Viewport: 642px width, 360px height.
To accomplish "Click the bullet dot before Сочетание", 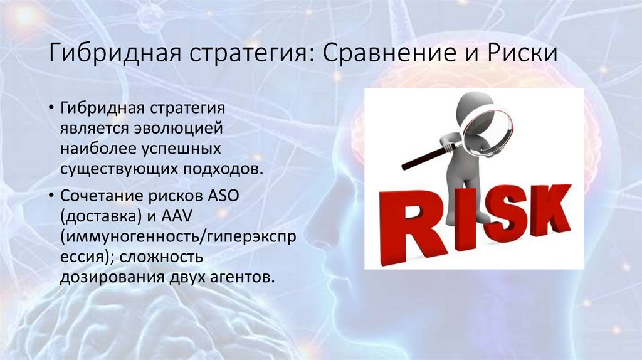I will (x=50, y=196).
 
